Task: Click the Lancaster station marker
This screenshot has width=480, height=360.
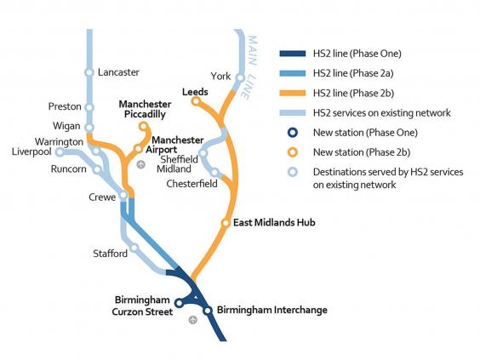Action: point(89,72)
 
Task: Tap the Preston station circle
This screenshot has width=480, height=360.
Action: point(89,108)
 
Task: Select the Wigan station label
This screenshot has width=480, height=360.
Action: point(66,126)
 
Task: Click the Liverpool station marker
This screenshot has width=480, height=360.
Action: point(60,151)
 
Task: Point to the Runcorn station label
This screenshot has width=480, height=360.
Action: point(69,169)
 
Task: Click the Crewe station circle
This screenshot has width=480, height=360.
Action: point(123,195)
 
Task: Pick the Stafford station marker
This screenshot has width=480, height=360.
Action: point(134,248)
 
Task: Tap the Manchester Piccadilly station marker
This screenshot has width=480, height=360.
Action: point(143,126)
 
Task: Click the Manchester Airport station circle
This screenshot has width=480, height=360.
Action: point(139,149)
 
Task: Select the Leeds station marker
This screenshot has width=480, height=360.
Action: point(196,101)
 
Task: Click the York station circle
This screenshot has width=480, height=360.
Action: point(240,77)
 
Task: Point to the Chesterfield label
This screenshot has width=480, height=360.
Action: point(191,184)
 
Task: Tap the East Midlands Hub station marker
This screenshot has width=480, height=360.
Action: point(226,223)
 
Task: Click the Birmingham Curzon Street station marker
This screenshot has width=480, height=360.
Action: point(179,303)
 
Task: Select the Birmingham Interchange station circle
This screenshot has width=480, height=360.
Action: point(208,311)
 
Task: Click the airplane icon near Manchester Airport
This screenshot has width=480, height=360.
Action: point(140,164)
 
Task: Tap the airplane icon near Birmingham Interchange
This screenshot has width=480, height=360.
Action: point(193,320)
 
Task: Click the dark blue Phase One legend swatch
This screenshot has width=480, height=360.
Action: point(293,54)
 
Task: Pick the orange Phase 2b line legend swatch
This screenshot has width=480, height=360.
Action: point(293,93)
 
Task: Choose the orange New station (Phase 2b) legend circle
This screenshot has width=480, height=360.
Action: point(293,152)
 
